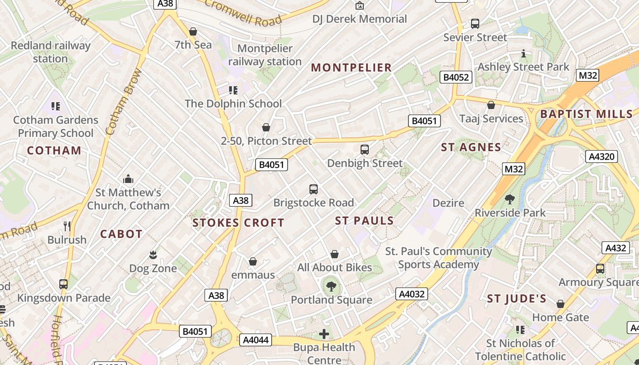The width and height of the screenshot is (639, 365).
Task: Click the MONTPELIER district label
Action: [x=351, y=68]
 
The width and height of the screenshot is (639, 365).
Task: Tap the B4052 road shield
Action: [x=455, y=77]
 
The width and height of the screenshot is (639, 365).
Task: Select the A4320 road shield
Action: [x=602, y=157]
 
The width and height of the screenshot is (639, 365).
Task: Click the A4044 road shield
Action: [x=256, y=340]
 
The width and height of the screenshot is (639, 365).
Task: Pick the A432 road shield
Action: [x=615, y=248]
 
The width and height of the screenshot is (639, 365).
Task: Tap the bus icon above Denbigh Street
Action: [x=364, y=149]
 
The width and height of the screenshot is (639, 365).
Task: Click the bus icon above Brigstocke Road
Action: [x=313, y=189]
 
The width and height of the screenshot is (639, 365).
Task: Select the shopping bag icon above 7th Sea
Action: [x=193, y=31]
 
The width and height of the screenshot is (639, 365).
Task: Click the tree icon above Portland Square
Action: [x=331, y=287]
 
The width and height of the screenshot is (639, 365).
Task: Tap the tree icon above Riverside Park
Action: [x=509, y=199]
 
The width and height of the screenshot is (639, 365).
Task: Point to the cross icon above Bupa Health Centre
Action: [x=324, y=334]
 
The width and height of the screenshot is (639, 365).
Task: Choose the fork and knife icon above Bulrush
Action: [x=67, y=226]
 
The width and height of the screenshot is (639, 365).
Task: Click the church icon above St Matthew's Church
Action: [x=128, y=178]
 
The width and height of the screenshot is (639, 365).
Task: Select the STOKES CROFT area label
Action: [x=238, y=223]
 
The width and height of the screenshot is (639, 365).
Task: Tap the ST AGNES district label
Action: [x=471, y=147]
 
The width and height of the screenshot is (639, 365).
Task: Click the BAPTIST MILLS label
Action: [x=587, y=114]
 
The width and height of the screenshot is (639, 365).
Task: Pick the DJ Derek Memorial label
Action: [x=360, y=19]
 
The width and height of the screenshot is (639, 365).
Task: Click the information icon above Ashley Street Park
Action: [x=524, y=54]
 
